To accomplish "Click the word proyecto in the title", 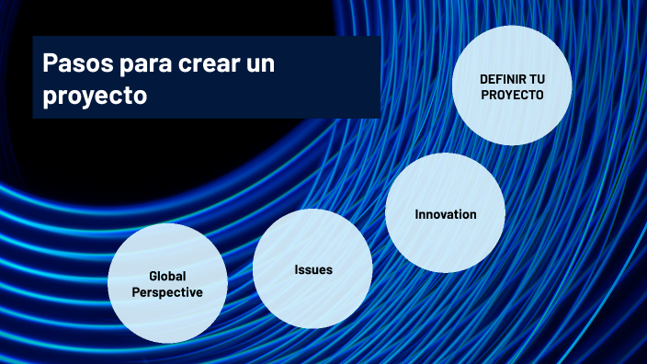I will [95, 95].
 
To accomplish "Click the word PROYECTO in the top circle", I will [512, 94].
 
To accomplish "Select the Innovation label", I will [446, 214].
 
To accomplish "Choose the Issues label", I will [313, 269].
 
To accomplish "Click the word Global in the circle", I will [166, 277].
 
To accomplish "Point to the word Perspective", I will [167, 291].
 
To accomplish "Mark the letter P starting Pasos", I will [50, 64].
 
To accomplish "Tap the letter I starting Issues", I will [297, 269].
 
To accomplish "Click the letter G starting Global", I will [153, 277].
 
